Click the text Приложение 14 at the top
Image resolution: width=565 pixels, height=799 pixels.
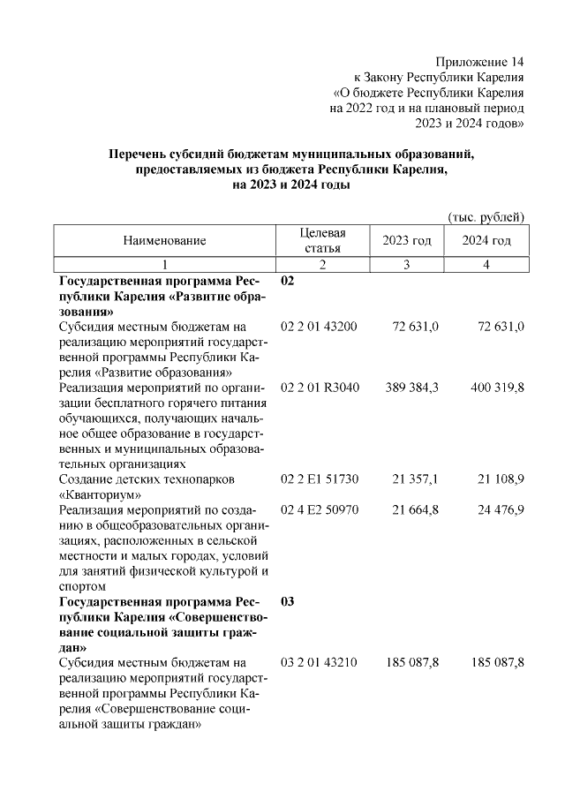click(x=479, y=62)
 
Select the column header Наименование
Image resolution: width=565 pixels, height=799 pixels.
click(x=164, y=240)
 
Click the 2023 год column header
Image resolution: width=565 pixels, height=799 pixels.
click(x=406, y=240)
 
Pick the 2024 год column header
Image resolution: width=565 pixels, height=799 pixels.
click(x=486, y=240)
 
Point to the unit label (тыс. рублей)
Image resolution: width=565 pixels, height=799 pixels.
click(x=486, y=216)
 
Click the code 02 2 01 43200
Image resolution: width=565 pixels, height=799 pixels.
click(x=319, y=327)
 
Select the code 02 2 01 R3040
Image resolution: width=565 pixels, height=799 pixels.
click(x=319, y=388)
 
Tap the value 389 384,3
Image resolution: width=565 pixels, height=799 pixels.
click(x=412, y=388)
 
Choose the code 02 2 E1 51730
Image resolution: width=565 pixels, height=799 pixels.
click(x=319, y=479)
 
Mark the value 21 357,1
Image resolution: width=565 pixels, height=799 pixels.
click(x=415, y=479)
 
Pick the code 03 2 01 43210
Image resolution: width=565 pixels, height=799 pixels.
click(x=319, y=661)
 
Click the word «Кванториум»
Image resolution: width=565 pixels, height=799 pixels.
click(x=99, y=494)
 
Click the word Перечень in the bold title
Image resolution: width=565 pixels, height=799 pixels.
click(x=135, y=155)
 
